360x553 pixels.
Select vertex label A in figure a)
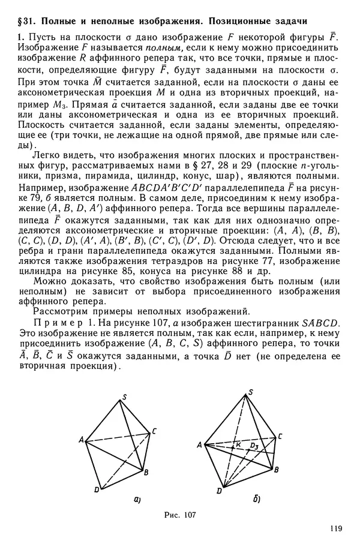[x=80, y=440]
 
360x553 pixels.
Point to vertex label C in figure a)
[x=155, y=430]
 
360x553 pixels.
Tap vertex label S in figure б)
[x=249, y=392]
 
